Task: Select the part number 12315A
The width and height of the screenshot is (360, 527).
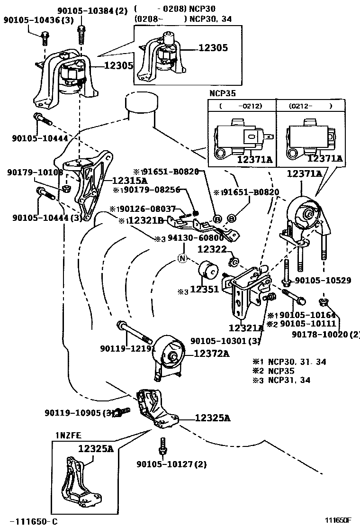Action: (129, 181)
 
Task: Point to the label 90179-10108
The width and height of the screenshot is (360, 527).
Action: (35, 173)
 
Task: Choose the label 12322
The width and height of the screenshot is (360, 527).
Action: (212, 248)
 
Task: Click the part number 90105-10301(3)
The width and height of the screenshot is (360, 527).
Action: (225, 341)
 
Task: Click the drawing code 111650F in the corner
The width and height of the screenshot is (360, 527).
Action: (338, 520)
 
